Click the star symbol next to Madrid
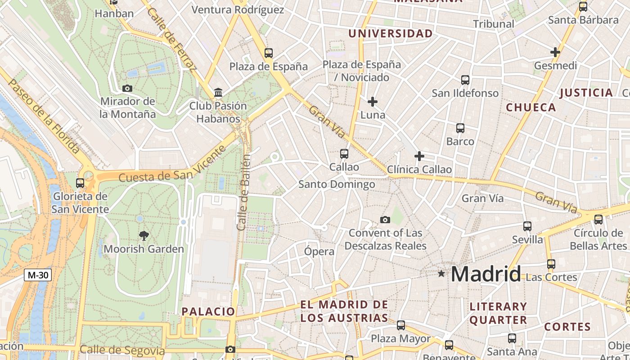coord(441,274)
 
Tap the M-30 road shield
coord(38,275)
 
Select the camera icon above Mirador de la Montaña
coord(127,88)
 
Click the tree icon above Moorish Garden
coord(144,235)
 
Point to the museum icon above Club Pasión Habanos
coord(218,93)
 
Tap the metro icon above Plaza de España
coord(269,53)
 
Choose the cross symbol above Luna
coord(373,102)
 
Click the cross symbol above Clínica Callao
coord(419,156)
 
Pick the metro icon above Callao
coord(344,154)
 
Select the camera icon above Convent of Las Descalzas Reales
coord(385,220)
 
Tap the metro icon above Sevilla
coord(527,226)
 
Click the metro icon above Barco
coord(460,128)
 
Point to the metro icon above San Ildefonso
coord(465,80)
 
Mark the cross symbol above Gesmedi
coord(555,52)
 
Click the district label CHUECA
coord(531,108)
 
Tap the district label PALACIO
coord(208,311)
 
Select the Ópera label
coord(319,252)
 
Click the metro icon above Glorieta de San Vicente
coord(80,183)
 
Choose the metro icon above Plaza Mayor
coord(401,325)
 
